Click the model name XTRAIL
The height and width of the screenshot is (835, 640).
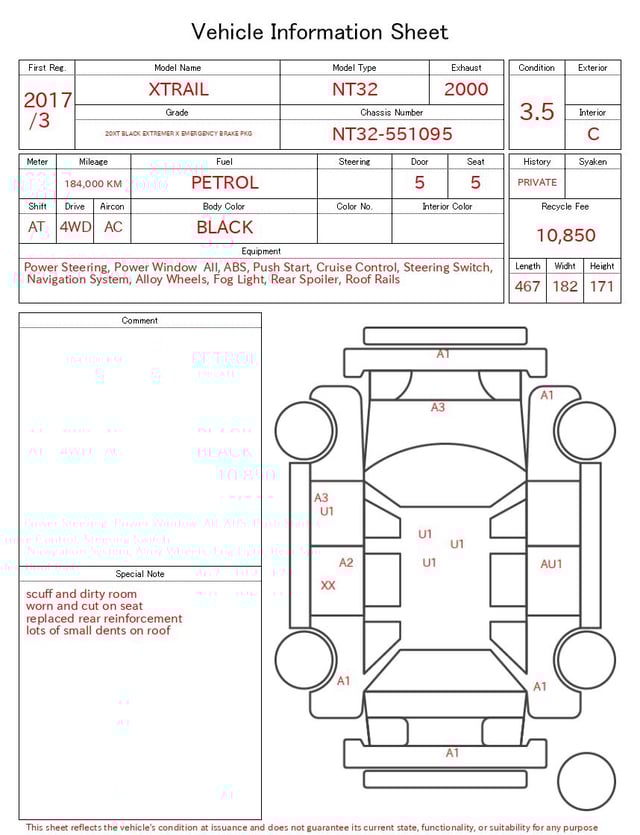pos(178,89)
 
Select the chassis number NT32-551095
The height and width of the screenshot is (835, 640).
pos(392,133)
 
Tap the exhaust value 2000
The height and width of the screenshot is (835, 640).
pos(466,89)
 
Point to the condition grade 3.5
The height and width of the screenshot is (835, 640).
pos(537,111)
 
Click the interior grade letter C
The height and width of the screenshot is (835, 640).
pos(592,133)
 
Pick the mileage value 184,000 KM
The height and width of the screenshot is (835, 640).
pos(93,184)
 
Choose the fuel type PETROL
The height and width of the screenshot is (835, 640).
pos(224,182)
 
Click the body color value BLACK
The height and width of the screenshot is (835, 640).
pos(224,227)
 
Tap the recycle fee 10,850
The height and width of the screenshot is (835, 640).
pos(565,235)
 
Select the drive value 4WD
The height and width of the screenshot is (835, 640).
pos(75,227)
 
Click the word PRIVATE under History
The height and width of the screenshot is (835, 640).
pos(537,183)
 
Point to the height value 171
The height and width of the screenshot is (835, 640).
pos(601,286)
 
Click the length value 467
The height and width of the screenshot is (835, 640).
pos(527,286)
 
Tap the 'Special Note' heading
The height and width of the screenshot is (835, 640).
pos(140,574)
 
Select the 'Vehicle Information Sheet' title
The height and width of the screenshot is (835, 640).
pos(320,32)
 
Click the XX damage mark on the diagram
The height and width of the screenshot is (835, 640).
pos(328,585)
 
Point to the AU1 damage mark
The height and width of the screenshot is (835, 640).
pos(551,564)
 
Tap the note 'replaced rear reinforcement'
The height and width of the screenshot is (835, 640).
pos(104,618)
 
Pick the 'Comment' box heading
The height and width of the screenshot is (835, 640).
pos(140,321)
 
